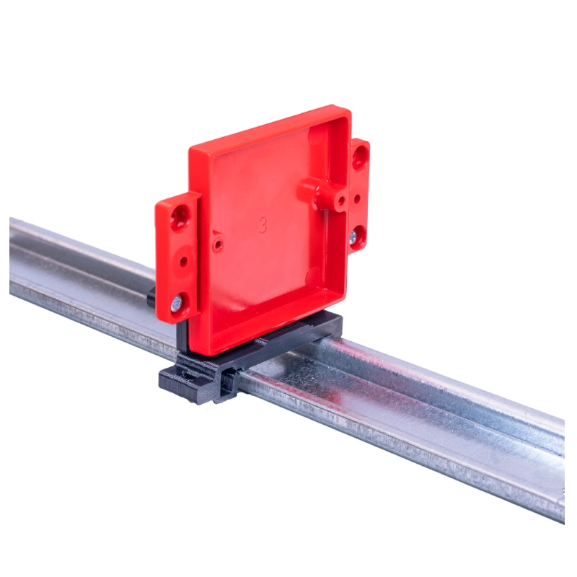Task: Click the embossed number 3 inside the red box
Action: coord(263,225)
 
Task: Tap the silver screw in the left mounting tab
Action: coord(177,303)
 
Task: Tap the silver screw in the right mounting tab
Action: coord(353,236)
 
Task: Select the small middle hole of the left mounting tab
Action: coord(184,261)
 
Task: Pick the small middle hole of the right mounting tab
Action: coord(357,199)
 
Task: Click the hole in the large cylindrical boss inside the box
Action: coord(341,201)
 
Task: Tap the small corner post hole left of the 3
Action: coord(219,244)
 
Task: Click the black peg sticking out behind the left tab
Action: coord(151,298)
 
